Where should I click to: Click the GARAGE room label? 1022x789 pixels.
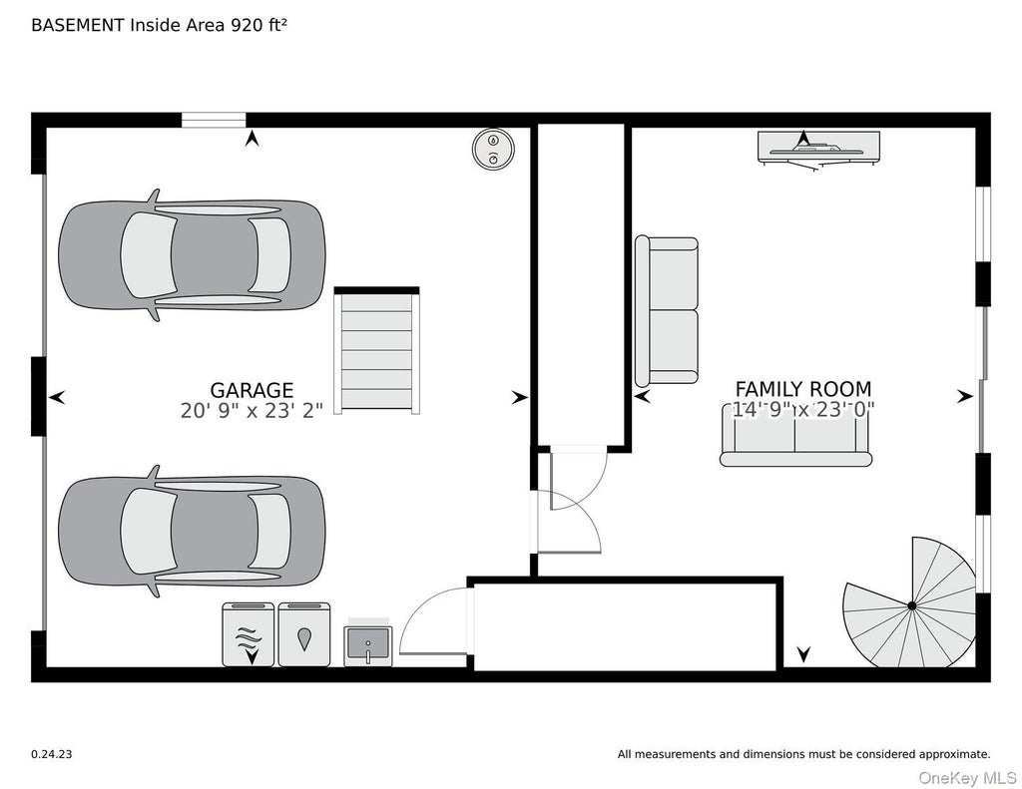[252, 390]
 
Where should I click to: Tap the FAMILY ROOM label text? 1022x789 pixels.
[803, 389]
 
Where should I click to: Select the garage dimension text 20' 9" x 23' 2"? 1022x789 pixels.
[252, 411]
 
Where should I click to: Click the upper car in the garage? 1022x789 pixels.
[192, 254]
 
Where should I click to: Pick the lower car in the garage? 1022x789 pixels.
[192, 531]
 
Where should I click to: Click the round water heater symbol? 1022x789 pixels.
[493, 149]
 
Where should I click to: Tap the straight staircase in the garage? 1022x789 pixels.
[376, 350]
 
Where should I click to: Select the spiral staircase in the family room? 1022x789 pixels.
[910, 602]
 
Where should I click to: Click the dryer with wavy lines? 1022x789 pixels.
[249, 634]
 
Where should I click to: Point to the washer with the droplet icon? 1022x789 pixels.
[304, 634]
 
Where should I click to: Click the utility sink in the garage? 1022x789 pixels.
[368, 643]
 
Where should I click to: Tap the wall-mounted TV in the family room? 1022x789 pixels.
[818, 148]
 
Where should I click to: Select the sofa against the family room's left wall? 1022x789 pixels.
[667, 311]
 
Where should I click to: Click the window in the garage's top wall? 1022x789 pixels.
[214, 120]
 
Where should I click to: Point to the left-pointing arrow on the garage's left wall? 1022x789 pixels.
[57, 397]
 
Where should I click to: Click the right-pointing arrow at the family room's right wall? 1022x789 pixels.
[965, 395]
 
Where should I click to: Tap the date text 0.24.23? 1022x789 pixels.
[52, 754]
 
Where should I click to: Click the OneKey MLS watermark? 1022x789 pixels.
[967, 778]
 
